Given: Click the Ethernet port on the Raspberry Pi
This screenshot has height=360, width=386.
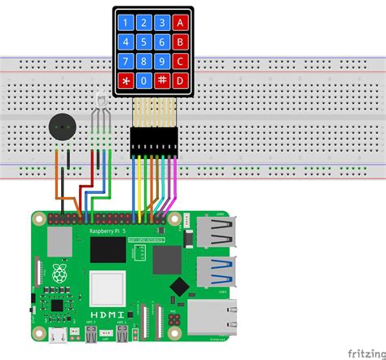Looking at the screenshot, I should click(x=213, y=315).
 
